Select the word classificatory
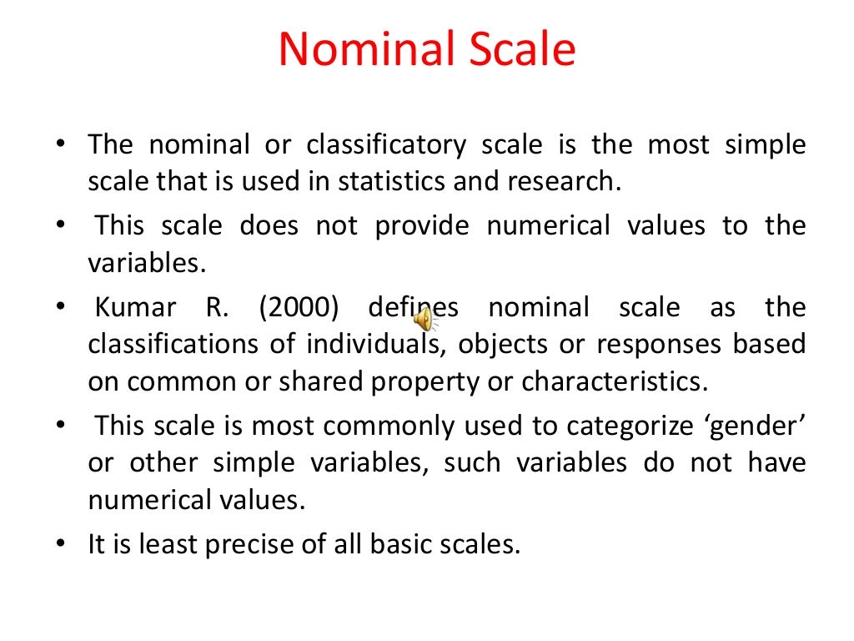tap(386, 146)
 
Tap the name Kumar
tap(135, 308)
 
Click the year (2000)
tap(299, 308)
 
